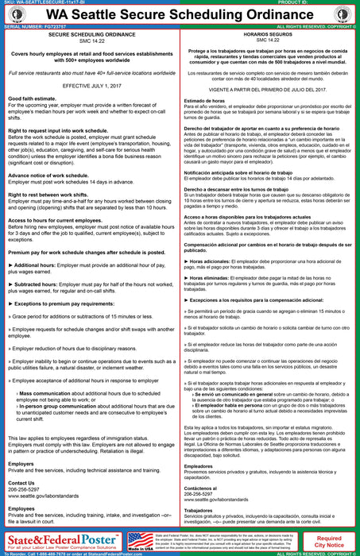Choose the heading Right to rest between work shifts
tap(55, 217)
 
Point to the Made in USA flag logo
tap(141, 541)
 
